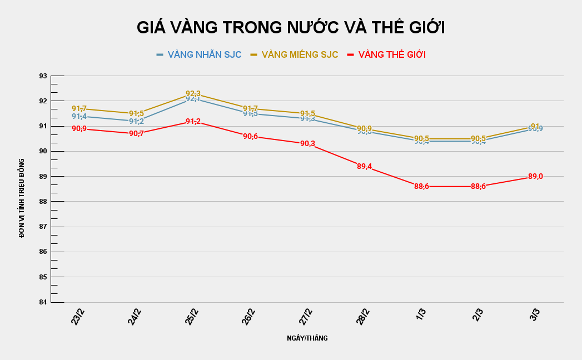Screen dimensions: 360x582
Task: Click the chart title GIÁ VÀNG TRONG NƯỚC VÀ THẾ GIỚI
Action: (x=291, y=28)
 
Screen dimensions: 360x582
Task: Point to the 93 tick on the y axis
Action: (x=42, y=76)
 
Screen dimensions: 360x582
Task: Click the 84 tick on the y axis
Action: (x=42, y=302)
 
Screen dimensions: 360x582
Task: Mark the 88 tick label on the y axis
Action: (x=42, y=202)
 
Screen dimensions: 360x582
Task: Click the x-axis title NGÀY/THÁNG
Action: (x=307, y=338)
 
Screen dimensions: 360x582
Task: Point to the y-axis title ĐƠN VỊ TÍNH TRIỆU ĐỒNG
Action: (x=22, y=198)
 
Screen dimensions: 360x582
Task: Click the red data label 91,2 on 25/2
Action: (x=193, y=121)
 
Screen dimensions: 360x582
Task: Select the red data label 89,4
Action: (x=365, y=166)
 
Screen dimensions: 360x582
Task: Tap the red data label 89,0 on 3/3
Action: (x=535, y=176)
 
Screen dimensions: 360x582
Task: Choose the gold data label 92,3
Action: (x=193, y=93)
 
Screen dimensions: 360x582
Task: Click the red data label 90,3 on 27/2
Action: (x=307, y=143)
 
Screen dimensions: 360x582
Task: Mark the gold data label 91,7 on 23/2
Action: (x=79, y=108)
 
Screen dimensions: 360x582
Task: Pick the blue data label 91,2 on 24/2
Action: (x=137, y=121)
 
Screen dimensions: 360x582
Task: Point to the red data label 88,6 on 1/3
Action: (x=421, y=186)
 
